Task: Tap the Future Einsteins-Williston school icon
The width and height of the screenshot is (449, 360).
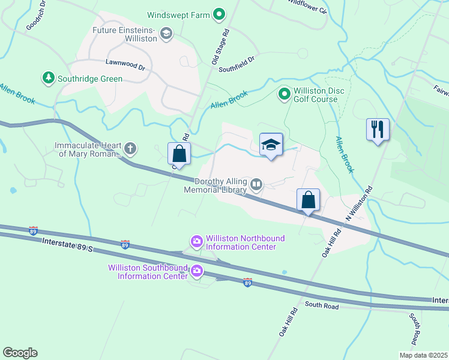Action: tap(167, 34)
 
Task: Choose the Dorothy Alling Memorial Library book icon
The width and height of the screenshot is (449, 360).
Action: tap(256, 185)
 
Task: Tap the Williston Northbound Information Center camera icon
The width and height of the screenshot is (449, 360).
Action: tap(197, 242)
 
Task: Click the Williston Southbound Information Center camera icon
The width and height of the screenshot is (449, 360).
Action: tap(197, 272)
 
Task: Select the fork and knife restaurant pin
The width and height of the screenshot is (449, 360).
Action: tap(378, 130)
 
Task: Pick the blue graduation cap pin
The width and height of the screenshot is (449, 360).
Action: tap(271, 145)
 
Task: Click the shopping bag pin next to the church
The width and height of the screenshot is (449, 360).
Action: tap(179, 154)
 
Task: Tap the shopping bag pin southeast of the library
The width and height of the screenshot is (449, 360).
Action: tap(308, 200)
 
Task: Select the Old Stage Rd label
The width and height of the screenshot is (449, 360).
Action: tap(221, 47)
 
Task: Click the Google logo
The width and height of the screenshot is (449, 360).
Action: tap(20, 352)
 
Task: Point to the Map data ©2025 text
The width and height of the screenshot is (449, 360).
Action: tap(423, 355)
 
